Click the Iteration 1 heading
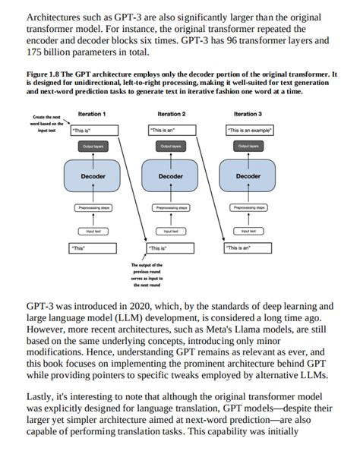coord(92,114)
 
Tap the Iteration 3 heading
coord(248,114)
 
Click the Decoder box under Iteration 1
coord(93,176)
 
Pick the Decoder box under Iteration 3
coord(248,176)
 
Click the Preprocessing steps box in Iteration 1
coord(93,207)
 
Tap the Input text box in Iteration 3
coord(248,230)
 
